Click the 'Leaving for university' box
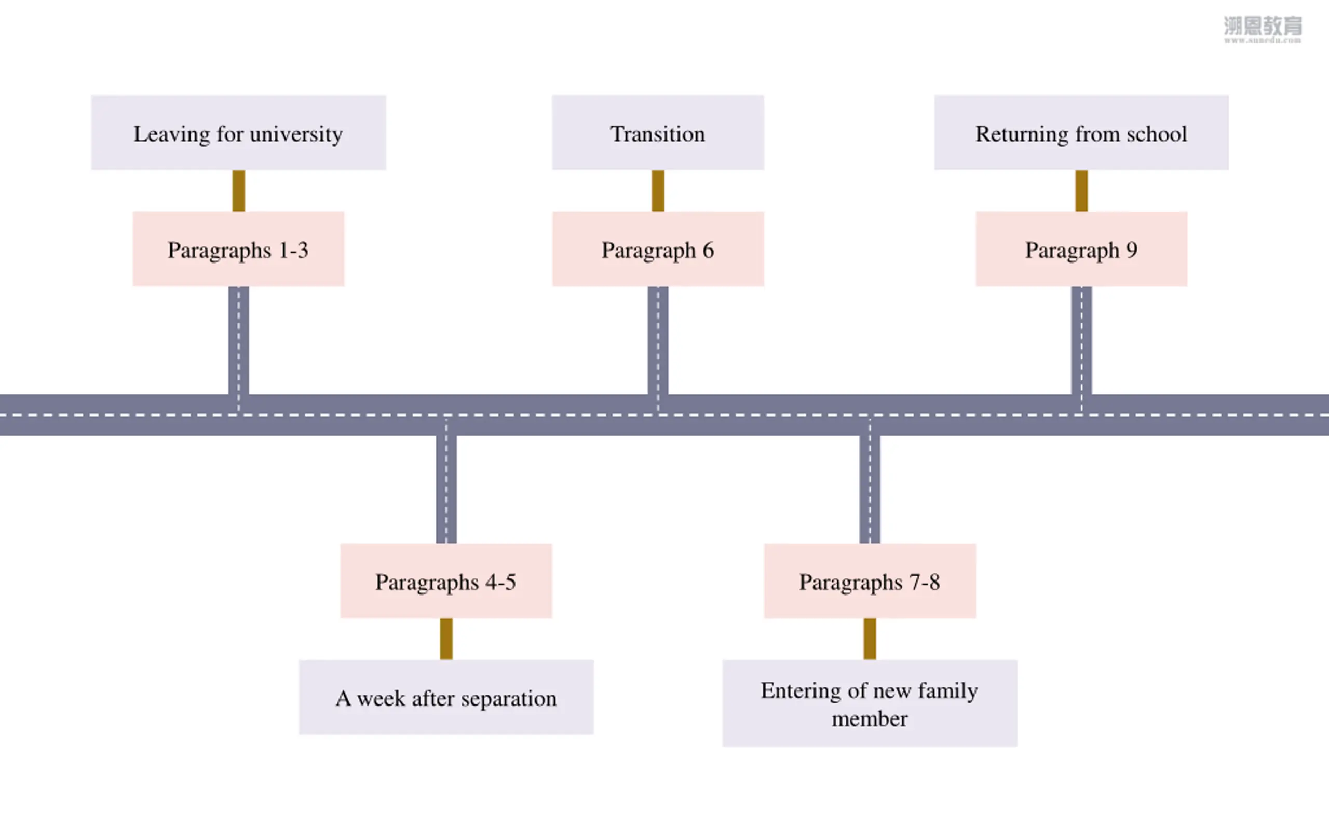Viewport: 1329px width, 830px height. pyautogui.click(x=238, y=133)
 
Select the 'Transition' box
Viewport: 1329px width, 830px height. pyautogui.click(x=658, y=133)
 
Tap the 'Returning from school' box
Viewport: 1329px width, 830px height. pyautogui.click(x=1081, y=133)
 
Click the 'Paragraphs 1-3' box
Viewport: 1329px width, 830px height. pyautogui.click(x=238, y=248)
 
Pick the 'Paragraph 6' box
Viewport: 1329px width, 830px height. pyautogui.click(x=658, y=248)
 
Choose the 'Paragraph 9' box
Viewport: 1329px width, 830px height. pyautogui.click(x=1081, y=248)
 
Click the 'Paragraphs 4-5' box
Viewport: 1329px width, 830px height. pyautogui.click(x=446, y=581)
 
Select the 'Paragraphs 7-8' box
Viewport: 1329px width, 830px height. pyautogui.click(x=870, y=581)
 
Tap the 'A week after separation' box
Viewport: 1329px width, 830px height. pyautogui.click(x=446, y=697)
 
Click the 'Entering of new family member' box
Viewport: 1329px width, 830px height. pyautogui.click(x=870, y=703)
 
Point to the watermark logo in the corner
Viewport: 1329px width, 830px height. pyautogui.click(x=1263, y=29)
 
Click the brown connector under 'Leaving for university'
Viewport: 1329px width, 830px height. pyautogui.click(x=238, y=190)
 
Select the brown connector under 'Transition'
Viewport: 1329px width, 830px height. pyautogui.click(x=658, y=190)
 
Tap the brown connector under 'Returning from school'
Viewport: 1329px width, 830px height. pyautogui.click(x=1081, y=190)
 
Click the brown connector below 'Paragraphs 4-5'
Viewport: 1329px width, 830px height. pyautogui.click(x=446, y=639)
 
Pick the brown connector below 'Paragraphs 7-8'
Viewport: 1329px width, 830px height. pyautogui.click(x=870, y=639)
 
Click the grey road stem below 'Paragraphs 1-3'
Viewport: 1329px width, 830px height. pyautogui.click(x=238, y=340)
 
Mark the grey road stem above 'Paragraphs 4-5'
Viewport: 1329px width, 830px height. pyautogui.click(x=446, y=489)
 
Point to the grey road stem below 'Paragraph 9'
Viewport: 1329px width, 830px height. pyautogui.click(x=1081, y=340)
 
